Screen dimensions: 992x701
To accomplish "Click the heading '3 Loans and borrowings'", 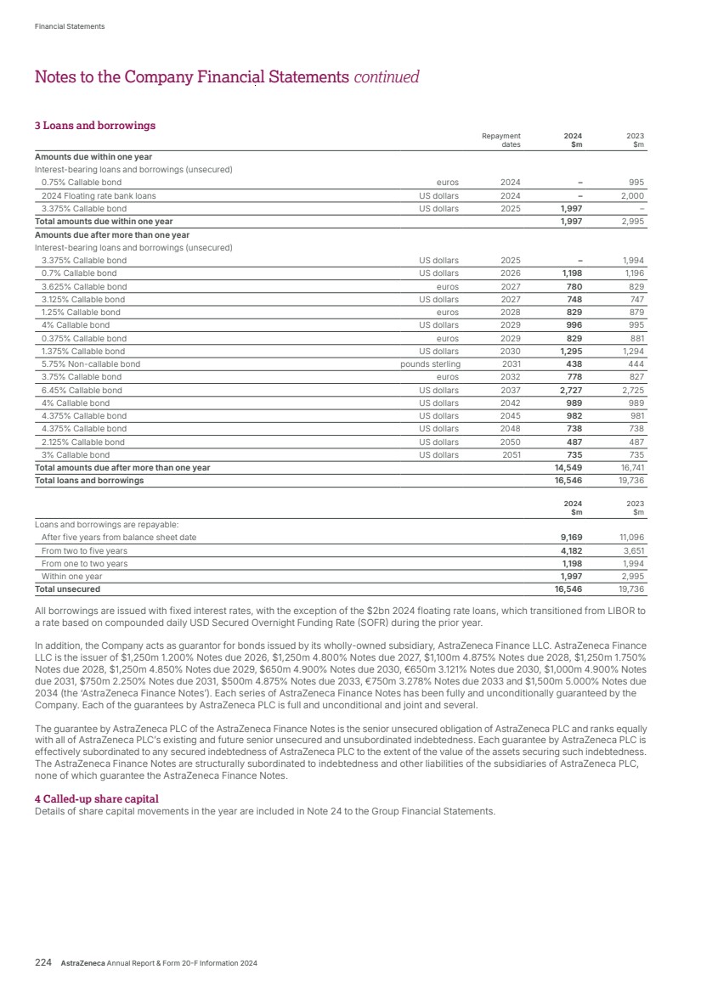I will click(94, 126).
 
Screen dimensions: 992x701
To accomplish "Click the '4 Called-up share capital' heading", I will click(96, 799).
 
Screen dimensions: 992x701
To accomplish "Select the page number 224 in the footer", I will click(43, 963).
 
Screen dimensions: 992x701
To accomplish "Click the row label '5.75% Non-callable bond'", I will click(91, 364).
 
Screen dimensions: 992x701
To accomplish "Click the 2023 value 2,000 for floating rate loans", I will click(630, 195).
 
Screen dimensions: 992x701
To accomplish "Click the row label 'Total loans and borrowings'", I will click(89, 481).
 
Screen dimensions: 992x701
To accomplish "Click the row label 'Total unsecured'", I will click(67, 589).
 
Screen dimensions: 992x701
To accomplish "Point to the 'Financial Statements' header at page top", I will click(70, 26).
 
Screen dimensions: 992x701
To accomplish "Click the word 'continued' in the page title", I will click(387, 77).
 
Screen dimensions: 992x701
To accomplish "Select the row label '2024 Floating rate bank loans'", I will click(99, 195).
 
